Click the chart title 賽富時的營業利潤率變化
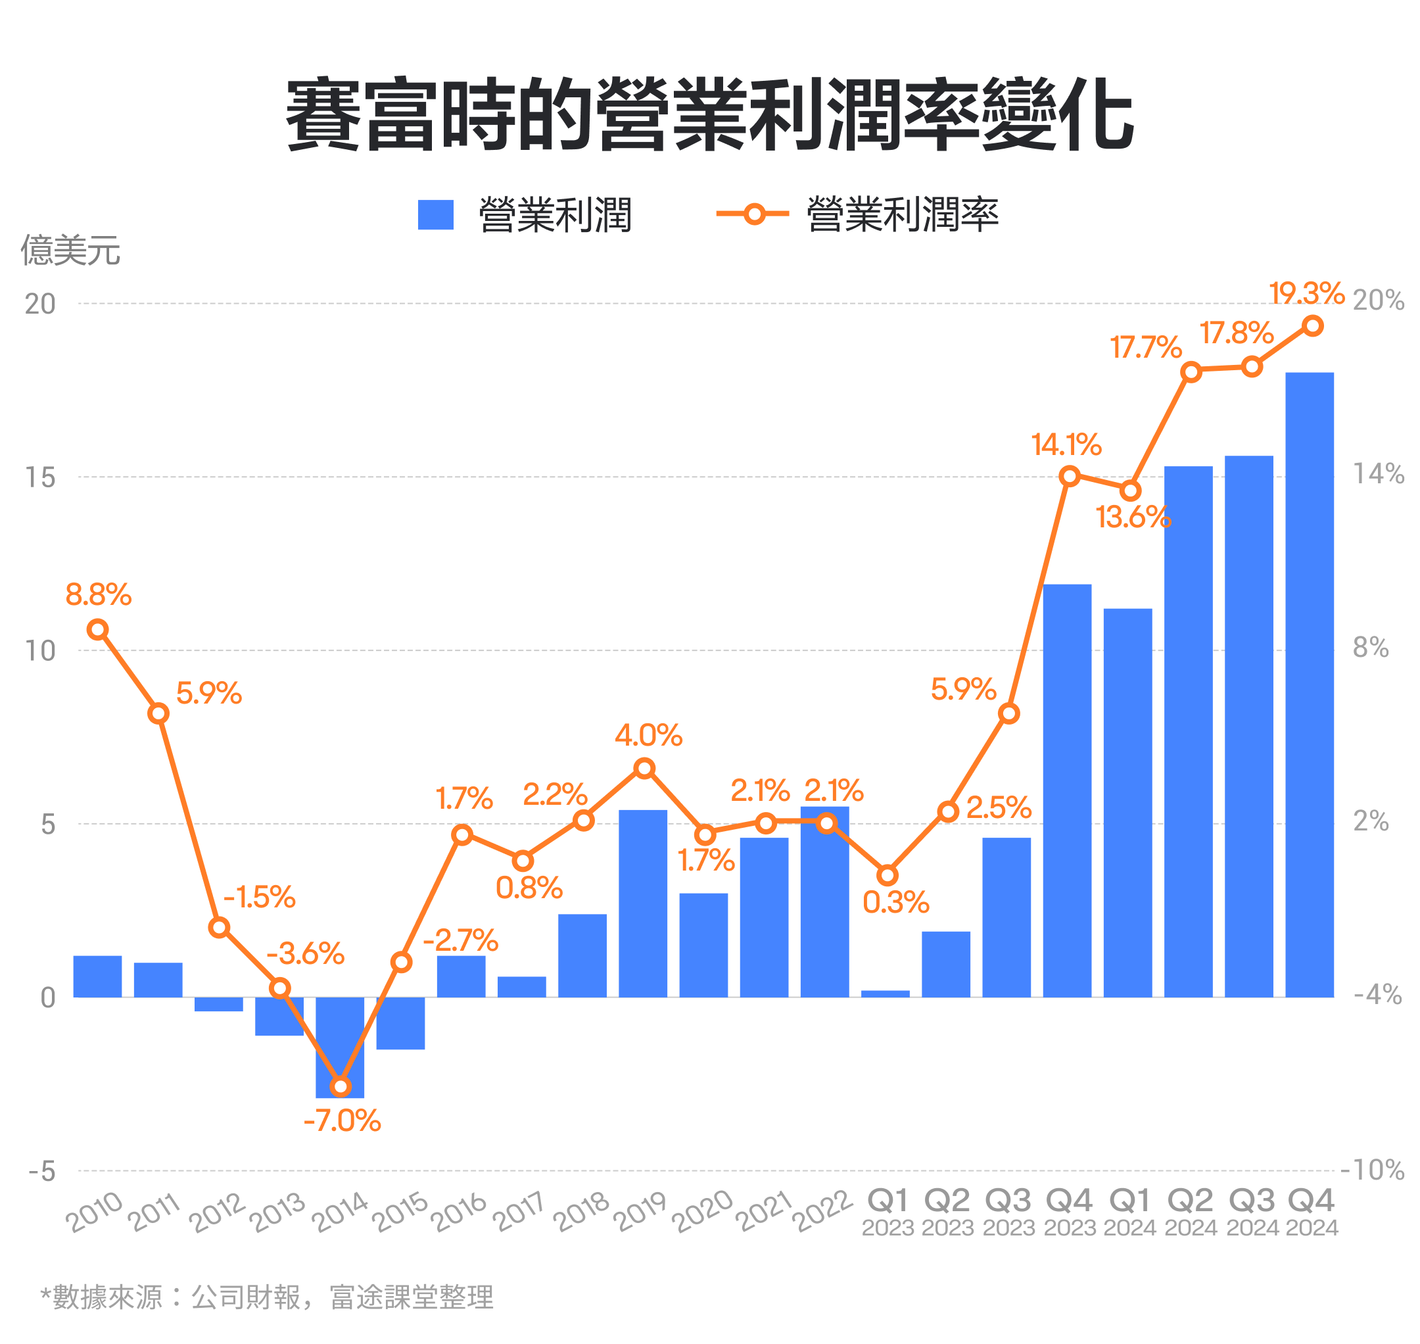[x=709, y=114]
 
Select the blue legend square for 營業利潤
[x=435, y=214]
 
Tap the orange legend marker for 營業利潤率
[x=753, y=214]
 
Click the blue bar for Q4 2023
[x=1067, y=790]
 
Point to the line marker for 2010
[x=97, y=630]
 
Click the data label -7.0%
[x=342, y=1122]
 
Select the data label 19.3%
[x=1306, y=293]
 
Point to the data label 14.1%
[x=1066, y=445]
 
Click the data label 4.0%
[x=648, y=735]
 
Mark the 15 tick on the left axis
[x=40, y=477]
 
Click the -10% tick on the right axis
[x=1371, y=1170]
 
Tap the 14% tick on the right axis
[x=1377, y=473]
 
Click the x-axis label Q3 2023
[x=1008, y=1212]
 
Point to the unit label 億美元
[x=70, y=250]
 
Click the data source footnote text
[x=266, y=1297]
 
